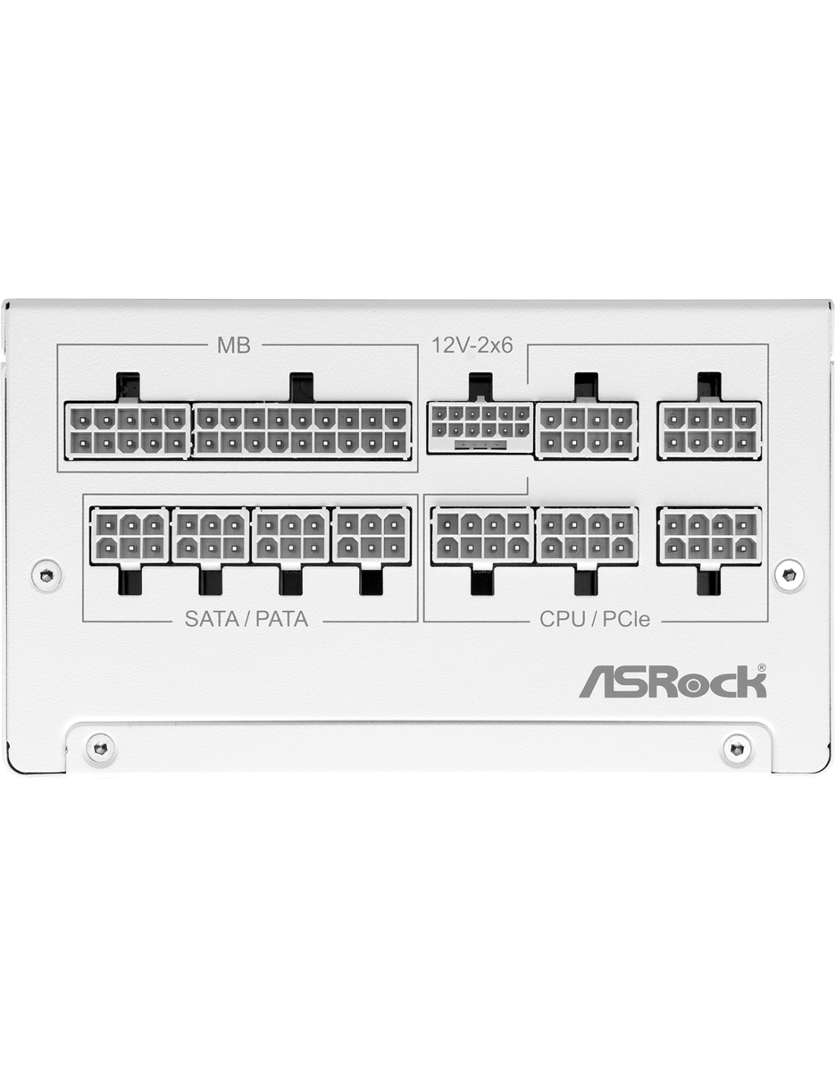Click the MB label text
point(234,345)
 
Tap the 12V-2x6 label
point(472,345)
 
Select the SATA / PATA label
point(247,618)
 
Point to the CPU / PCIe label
point(594,618)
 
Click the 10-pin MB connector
point(128,429)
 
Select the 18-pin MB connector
point(301,429)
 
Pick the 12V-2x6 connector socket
point(481,427)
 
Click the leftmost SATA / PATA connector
point(130,535)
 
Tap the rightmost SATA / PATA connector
point(371,535)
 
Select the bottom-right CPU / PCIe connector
point(709,535)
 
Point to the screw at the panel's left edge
point(47,575)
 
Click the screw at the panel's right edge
point(788,575)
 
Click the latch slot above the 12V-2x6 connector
point(481,386)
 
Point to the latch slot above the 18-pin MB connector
point(301,387)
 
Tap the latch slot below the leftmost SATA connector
point(130,580)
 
